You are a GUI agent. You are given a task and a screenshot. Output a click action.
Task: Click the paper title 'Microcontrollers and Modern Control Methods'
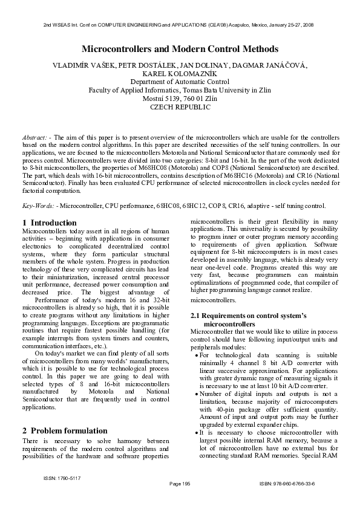pyautogui.click(x=180, y=48)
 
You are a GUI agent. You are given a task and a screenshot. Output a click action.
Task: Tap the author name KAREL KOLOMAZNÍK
pyautogui.click(x=180, y=74)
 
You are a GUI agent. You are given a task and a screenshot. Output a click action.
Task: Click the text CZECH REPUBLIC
pyautogui.click(x=180, y=107)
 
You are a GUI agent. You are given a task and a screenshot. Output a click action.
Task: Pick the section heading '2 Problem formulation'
pyautogui.click(x=63, y=430)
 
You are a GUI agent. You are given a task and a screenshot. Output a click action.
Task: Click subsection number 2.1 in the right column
pyautogui.click(x=195, y=316)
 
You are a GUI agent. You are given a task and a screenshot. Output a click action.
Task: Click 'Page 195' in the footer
pyautogui.click(x=180, y=484)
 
